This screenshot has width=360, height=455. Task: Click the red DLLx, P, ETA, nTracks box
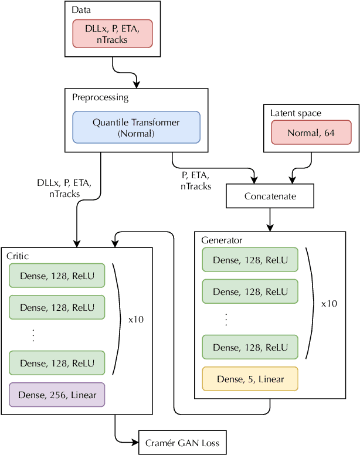coord(113,33)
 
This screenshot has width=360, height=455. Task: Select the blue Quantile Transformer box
coord(136,127)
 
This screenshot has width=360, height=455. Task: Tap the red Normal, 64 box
coord(311,133)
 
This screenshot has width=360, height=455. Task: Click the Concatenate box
coord(270,196)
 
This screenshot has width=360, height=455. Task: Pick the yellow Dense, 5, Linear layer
coord(250,379)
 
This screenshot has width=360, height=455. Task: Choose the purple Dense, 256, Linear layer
coord(57,395)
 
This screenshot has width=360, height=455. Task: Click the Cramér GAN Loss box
coord(182,443)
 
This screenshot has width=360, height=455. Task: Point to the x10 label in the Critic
coord(135,320)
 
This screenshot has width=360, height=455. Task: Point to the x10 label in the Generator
coord(329,304)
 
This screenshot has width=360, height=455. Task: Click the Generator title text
coord(222,240)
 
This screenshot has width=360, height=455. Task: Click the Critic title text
coord(18,256)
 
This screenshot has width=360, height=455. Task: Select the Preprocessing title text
coord(100,97)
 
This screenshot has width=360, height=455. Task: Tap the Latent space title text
coord(296,113)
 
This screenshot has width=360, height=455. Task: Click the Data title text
coord(81,10)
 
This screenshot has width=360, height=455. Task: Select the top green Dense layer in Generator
coord(250,260)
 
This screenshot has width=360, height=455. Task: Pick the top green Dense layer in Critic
coord(57,276)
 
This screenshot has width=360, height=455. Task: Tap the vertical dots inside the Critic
coord(33,335)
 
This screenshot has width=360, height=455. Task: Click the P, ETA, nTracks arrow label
coord(195,180)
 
